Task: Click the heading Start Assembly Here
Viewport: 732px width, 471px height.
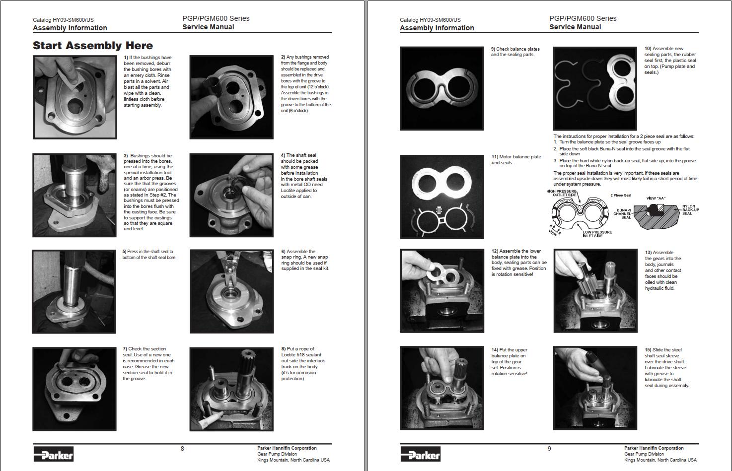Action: click(x=93, y=46)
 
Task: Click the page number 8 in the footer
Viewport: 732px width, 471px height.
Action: click(x=182, y=449)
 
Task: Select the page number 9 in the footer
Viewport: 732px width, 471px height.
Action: click(x=549, y=449)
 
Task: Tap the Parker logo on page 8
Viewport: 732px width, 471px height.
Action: click(x=54, y=454)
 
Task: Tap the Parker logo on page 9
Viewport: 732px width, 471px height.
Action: click(x=420, y=454)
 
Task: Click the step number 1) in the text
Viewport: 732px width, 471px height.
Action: click(x=126, y=58)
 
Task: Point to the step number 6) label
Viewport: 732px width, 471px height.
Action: click(x=283, y=252)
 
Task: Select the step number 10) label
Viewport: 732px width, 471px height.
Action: click(x=648, y=49)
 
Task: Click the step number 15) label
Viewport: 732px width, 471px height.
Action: click(x=648, y=350)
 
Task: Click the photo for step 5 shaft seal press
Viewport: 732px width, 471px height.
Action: click(x=74, y=291)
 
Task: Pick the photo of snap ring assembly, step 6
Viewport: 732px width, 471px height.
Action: click(x=231, y=291)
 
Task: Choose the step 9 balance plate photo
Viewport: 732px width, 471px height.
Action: click(x=441, y=88)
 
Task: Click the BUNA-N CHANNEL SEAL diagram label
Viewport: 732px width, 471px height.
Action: click(x=623, y=213)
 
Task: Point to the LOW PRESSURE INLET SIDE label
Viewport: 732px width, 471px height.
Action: click(x=597, y=234)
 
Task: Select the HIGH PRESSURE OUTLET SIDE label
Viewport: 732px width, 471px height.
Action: click(x=562, y=193)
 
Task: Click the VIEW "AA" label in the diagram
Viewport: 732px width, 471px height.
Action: click(x=656, y=199)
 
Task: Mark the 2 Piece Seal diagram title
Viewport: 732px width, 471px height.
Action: click(x=621, y=196)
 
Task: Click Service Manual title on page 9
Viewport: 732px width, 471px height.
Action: click(x=575, y=27)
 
